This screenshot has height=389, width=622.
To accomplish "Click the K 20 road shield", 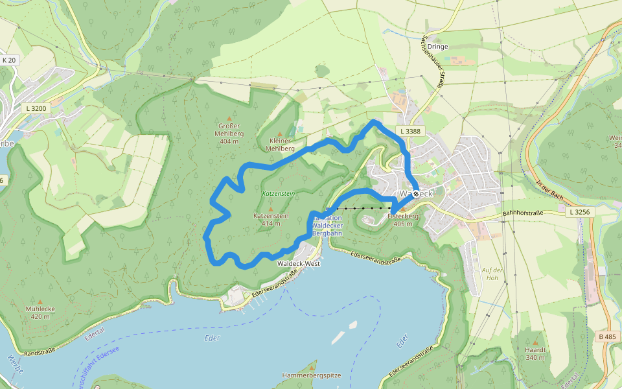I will click(9, 60).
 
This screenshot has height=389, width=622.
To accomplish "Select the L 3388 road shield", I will click(410, 131).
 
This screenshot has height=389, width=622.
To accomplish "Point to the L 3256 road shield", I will click(579, 212).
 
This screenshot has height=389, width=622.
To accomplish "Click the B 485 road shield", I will click(606, 336).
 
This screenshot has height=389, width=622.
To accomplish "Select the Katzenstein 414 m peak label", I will click(271, 218).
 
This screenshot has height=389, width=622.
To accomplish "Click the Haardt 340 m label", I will click(535, 353).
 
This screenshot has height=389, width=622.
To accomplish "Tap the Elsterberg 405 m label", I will click(403, 219).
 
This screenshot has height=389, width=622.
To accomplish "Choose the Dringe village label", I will click(438, 47).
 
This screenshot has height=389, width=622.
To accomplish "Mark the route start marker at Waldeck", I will click(415, 193).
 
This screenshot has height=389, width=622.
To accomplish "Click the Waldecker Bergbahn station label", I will click(327, 225).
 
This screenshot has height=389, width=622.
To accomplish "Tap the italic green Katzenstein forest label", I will click(279, 193).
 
